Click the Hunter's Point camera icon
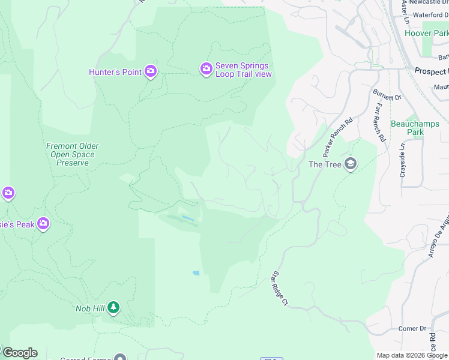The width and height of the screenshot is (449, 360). pos(150,72)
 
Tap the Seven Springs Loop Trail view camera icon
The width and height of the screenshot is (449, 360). pos(206,70)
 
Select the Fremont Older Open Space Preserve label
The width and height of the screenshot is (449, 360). pos(73,154)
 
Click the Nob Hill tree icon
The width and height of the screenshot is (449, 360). pos(113,308)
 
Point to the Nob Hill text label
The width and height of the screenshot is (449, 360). pos(90,308)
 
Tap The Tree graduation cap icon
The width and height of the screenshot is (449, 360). pos(351,164)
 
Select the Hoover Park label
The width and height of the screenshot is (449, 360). pos(435,34)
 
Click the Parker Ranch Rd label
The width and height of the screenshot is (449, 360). pos(338,137)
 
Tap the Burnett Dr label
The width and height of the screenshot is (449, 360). pos(386,95)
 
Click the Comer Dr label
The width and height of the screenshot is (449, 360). pos(412,329)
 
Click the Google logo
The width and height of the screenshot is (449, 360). pos(20,352)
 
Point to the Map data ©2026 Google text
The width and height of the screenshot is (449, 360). pos(412,355)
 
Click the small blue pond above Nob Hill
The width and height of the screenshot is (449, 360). pos(196,273)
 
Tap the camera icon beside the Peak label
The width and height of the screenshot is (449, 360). pos(43,224)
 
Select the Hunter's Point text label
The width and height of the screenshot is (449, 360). pos(115,72)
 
